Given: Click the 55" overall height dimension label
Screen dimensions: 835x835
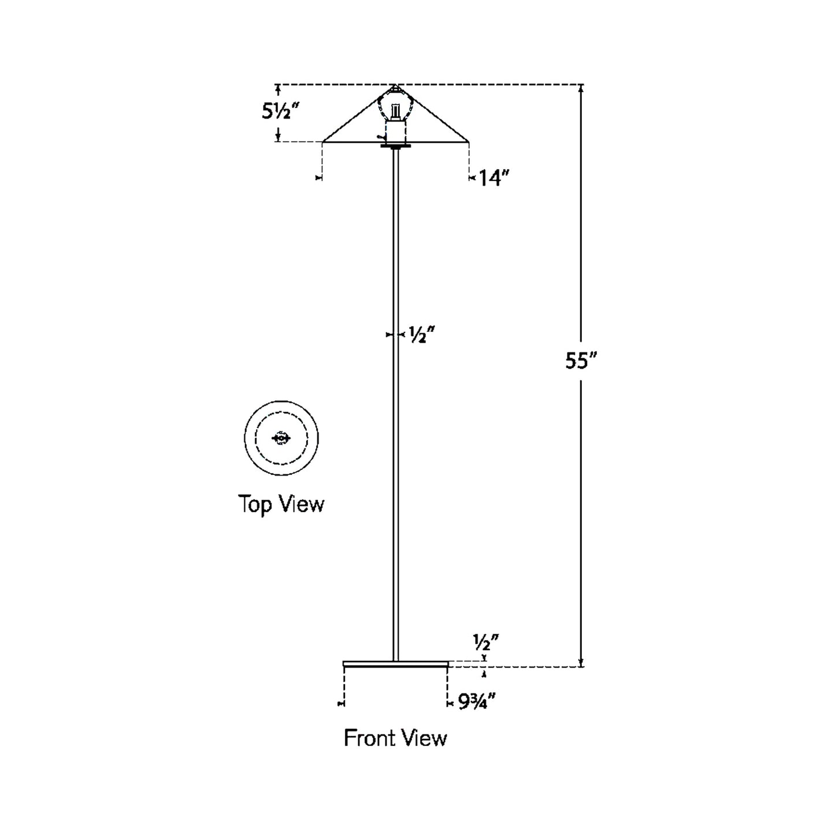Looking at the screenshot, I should pos(580,362).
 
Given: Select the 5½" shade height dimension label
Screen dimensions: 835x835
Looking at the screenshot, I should pos(282,112).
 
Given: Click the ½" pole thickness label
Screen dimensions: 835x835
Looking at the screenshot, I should pos(421,335).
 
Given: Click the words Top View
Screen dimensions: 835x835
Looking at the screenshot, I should pos(281,504).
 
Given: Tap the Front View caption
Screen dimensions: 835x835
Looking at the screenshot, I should pos(395,738).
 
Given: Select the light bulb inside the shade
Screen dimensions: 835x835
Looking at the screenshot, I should pos(396,109).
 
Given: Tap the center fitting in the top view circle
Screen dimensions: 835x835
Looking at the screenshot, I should pos(281,439).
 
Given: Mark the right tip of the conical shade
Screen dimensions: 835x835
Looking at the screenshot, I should pos(468,141).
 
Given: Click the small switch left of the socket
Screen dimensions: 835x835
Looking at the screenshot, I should pos(381,137).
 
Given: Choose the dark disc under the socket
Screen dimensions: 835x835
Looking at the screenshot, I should pos(396,146).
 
